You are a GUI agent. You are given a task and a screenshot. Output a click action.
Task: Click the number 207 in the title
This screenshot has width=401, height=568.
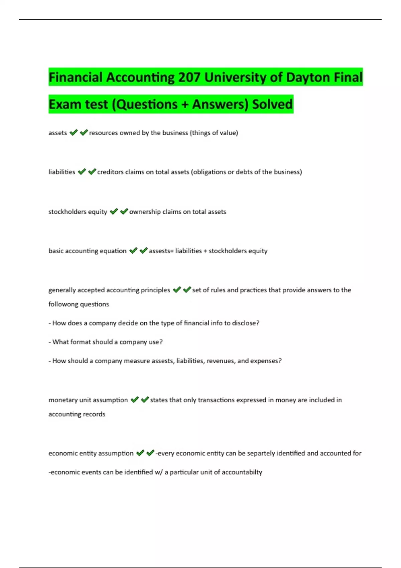189,78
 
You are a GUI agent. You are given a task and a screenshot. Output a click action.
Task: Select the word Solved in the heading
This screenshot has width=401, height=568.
272,104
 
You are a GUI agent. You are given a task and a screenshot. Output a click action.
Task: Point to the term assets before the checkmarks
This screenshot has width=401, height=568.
58,133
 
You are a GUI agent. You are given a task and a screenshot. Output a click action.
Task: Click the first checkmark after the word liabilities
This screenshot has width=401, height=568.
82,172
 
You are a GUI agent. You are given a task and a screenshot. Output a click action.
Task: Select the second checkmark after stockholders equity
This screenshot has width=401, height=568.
124,211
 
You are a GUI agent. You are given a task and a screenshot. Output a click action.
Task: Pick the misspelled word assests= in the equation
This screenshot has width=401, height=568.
161,251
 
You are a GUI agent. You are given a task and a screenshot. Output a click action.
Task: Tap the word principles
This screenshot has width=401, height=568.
155,290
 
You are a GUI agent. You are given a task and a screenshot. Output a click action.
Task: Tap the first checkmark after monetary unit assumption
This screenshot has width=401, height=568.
135,400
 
